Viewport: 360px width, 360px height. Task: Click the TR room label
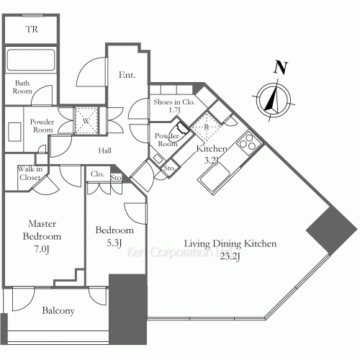click(32, 30)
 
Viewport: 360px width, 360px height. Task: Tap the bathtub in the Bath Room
click(31, 60)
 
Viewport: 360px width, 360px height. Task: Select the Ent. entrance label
click(127, 75)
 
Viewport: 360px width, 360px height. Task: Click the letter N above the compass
click(281, 68)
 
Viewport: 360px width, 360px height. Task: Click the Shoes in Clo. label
click(174, 102)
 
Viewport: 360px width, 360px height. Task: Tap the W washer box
click(86, 120)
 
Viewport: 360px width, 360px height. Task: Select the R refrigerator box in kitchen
click(207, 127)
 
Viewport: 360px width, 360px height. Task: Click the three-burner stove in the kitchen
click(248, 141)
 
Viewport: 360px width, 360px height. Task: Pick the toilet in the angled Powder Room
click(178, 131)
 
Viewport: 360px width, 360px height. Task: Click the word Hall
click(105, 150)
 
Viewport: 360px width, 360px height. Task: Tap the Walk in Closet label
click(30, 173)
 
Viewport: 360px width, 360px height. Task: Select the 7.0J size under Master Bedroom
click(42, 250)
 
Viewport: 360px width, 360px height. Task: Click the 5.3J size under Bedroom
click(114, 243)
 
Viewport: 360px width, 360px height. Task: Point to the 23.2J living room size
click(230, 257)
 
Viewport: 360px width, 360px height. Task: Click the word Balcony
click(58, 310)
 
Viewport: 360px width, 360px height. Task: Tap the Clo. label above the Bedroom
click(97, 174)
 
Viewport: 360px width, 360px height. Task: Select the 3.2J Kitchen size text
click(211, 161)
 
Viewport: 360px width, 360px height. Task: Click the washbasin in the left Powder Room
click(14, 132)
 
